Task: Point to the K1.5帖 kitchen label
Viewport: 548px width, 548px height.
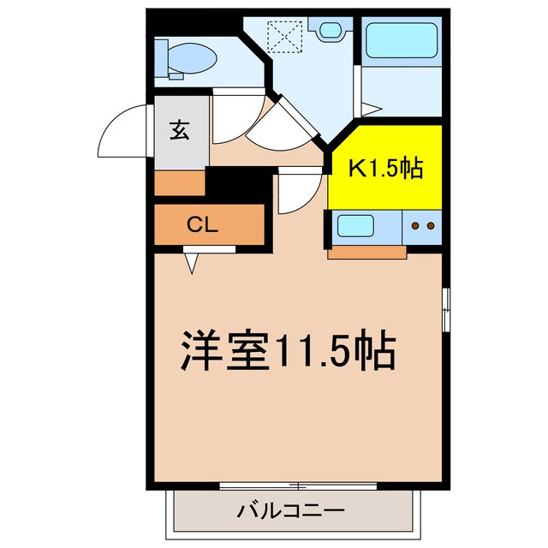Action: [x=384, y=169]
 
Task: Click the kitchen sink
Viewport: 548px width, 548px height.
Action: [x=355, y=227]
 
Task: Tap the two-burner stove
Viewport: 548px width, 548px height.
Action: [x=421, y=227]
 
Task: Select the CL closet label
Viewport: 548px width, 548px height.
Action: [x=203, y=225]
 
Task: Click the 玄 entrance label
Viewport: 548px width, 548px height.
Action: [x=180, y=131]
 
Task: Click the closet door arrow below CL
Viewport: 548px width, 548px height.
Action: [x=192, y=263]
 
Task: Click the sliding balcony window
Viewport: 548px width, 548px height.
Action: [x=296, y=485]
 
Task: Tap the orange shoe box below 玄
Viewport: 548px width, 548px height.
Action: [x=180, y=183]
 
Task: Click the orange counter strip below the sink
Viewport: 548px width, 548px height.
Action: [x=366, y=252]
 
